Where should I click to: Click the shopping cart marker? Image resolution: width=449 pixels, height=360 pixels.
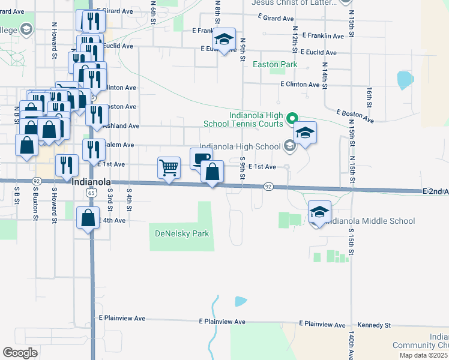(x=169, y=169)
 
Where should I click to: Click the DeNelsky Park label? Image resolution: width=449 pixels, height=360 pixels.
(x=182, y=233)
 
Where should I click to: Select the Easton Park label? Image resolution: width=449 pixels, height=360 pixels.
(x=275, y=64)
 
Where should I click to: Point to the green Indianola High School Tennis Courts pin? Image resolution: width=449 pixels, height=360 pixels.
(x=292, y=118)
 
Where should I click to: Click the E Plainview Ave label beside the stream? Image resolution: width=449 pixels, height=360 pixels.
(x=222, y=322)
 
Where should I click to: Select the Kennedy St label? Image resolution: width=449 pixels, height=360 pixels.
(x=374, y=325)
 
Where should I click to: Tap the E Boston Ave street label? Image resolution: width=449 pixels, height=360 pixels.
(x=355, y=116)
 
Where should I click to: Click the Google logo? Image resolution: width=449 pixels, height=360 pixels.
(x=20, y=353)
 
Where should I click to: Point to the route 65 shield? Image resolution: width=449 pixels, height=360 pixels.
(x=91, y=193)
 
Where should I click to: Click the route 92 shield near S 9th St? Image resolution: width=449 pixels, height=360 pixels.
(x=268, y=187)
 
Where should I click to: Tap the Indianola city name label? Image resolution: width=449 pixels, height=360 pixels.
(x=91, y=182)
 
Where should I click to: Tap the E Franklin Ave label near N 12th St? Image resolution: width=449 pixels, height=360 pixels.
(x=323, y=36)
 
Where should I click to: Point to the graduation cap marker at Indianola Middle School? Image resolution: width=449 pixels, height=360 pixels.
(x=320, y=212)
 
